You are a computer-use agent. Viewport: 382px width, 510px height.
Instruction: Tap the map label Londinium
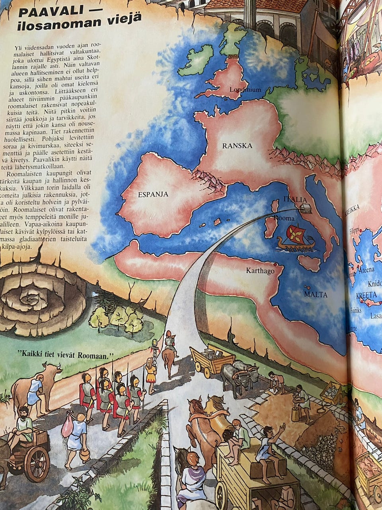(x=245, y=90)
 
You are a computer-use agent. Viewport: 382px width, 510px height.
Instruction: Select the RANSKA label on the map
(x=237, y=145)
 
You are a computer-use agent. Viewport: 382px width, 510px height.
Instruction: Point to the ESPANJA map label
(x=153, y=194)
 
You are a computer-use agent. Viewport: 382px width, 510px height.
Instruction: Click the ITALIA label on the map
(x=295, y=199)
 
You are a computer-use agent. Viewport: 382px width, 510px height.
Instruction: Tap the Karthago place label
(x=260, y=271)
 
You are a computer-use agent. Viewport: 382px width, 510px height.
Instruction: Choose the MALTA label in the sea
(x=316, y=294)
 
